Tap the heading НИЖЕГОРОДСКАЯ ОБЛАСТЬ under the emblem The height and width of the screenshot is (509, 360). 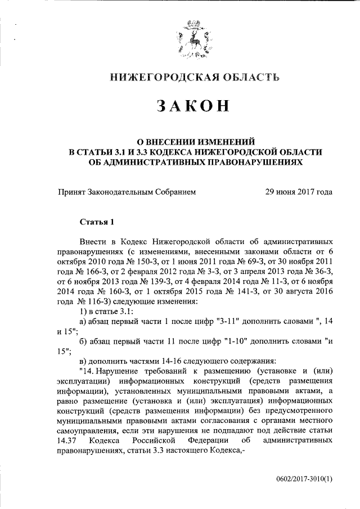pyautogui.click(x=194, y=77)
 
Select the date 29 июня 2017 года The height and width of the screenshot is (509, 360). pyautogui.click(x=299, y=192)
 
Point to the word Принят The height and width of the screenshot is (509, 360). pyautogui.click(x=71, y=192)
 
